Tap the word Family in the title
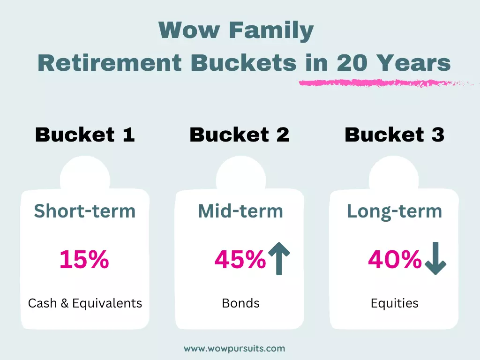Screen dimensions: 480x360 point(271,31)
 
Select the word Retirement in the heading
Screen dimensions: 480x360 point(110,63)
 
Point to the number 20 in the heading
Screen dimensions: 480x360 point(352,63)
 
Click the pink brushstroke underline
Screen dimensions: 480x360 point(386,83)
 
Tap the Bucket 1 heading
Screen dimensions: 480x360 point(85,135)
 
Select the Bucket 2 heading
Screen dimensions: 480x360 point(240,135)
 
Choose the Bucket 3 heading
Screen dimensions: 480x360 point(394,135)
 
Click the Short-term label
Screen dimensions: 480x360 point(84,211)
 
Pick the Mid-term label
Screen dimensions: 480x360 point(240,211)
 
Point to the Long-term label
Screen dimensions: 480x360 point(394,211)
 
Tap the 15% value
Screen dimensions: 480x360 point(84,259)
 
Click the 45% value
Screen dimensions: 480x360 point(240,259)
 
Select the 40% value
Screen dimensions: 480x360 point(395,259)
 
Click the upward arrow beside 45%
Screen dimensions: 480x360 point(279,258)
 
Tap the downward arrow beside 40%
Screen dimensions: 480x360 point(435,258)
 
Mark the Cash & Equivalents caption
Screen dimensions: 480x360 point(85,303)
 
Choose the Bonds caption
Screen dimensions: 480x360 point(240,303)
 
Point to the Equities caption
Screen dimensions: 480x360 point(394,304)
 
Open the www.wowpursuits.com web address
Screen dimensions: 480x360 point(234,349)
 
